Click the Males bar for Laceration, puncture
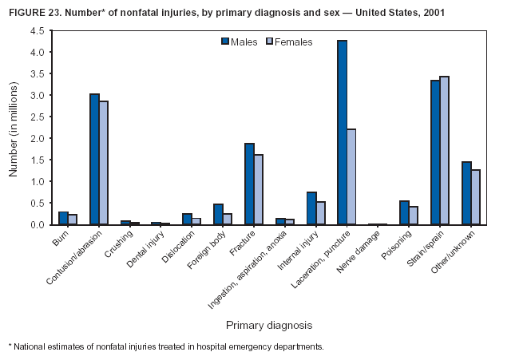pos(342,133)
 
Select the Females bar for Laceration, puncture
pos(351,176)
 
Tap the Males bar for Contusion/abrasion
pos(94,159)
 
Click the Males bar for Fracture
pos(249,184)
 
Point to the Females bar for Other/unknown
pos(476,196)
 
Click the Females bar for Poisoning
pos(414,215)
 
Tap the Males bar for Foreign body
pos(218,214)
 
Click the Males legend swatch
pos(225,42)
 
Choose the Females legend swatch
pos(269,42)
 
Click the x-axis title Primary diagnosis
pos(268,325)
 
